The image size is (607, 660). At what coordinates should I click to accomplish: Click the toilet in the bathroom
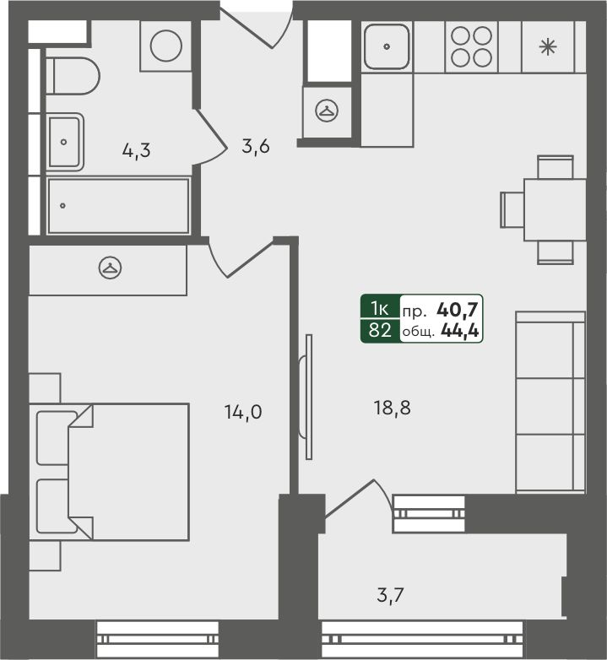(x=73, y=76)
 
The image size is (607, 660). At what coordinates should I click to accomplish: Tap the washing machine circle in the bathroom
(x=165, y=46)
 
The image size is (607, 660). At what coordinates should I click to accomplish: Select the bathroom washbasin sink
(x=65, y=142)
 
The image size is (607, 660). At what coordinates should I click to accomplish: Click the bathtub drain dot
(x=62, y=206)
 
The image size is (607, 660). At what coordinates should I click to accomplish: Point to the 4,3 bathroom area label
(x=137, y=150)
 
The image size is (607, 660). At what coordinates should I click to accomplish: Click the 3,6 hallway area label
(x=256, y=146)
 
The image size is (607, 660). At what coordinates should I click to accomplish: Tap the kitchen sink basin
(x=387, y=46)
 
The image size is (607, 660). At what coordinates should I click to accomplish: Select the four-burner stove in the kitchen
(x=471, y=46)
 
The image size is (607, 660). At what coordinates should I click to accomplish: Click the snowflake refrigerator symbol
(x=548, y=46)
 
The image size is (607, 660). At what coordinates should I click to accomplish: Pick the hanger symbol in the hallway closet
(x=327, y=111)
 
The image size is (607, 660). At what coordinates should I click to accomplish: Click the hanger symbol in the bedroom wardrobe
(x=111, y=268)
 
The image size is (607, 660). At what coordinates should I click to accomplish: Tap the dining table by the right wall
(x=555, y=209)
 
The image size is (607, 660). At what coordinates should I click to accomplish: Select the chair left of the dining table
(x=512, y=209)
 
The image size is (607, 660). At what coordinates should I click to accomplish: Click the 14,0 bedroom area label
(x=243, y=412)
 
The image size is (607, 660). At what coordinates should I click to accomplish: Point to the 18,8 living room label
(x=392, y=408)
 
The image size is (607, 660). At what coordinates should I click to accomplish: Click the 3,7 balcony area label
(x=391, y=595)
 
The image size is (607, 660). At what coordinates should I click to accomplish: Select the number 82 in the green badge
(x=380, y=330)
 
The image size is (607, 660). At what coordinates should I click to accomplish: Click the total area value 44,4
(x=459, y=331)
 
